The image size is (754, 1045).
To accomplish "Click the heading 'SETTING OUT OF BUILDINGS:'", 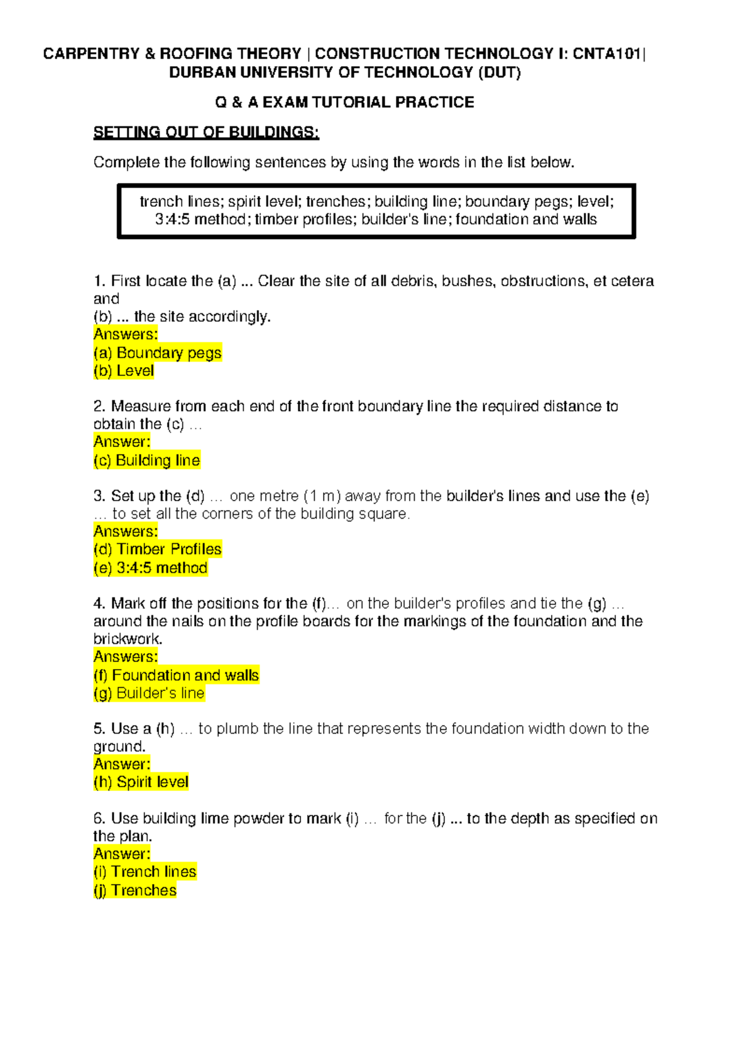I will (x=206, y=133).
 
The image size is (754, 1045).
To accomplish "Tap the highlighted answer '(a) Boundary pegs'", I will (x=157, y=353).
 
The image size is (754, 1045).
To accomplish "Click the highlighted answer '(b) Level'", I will (x=124, y=371).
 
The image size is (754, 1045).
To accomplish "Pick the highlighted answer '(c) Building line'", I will (x=147, y=460).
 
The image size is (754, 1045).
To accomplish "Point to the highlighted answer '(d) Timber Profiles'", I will (x=157, y=550).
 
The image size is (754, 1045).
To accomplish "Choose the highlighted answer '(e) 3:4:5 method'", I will (x=150, y=568).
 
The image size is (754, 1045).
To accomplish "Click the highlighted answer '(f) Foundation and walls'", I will (x=176, y=675).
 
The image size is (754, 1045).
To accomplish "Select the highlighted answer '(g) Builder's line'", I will (x=149, y=694).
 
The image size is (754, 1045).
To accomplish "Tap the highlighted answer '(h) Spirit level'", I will (x=141, y=782).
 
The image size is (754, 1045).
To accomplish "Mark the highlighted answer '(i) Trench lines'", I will (x=145, y=872).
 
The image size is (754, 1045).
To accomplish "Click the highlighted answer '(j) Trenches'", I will (x=135, y=890).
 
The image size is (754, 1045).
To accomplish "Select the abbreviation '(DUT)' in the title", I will (x=500, y=73).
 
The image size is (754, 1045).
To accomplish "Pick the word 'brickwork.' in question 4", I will (x=128, y=639).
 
